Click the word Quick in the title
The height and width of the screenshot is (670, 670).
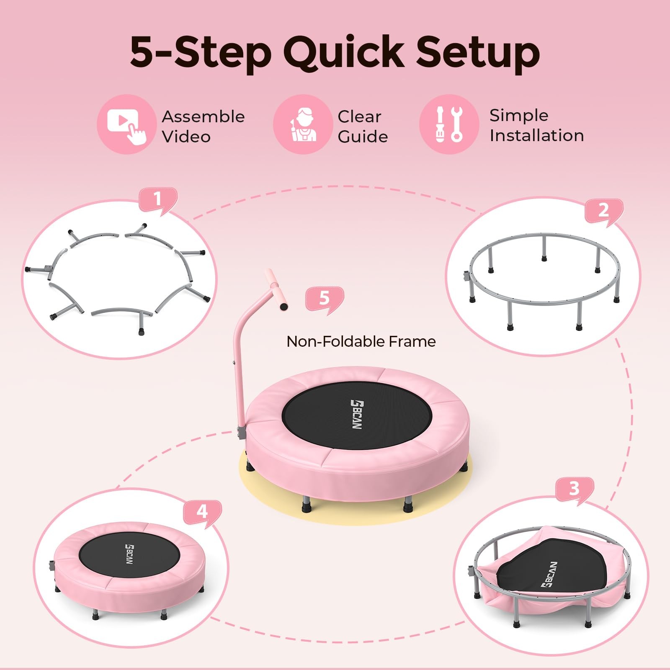pyautogui.click(x=344, y=53)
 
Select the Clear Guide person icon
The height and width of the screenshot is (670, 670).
pyautogui.click(x=303, y=124)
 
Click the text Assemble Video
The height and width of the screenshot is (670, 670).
pyautogui.click(x=203, y=126)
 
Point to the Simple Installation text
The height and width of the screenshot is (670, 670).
pyautogui.click(x=536, y=125)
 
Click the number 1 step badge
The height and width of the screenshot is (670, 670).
pyautogui.click(x=158, y=200)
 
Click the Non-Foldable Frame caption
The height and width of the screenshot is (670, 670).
pyautogui.click(x=361, y=342)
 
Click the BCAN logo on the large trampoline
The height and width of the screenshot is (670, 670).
pyautogui.click(x=356, y=414)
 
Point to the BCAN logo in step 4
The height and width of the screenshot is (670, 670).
pyautogui.click(x=129, y=554)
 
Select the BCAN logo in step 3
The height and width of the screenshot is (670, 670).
pyautogui.click(x=549, y=575)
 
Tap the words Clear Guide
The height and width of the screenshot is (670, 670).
pyautogui.click(x=363, y=126)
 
